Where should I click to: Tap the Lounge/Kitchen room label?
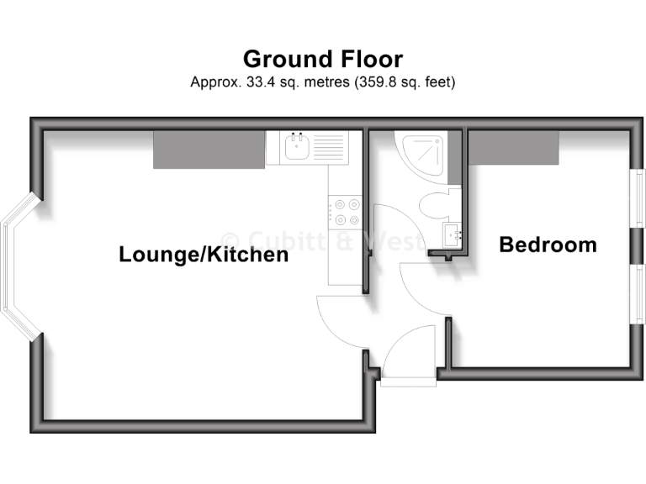click(204, 254)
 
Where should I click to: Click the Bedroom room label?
click(548, 245)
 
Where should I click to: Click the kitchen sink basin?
click(296, 149)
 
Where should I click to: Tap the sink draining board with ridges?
click(329, 149)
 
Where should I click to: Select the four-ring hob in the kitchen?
click(345, 211)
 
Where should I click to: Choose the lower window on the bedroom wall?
click(639, 293)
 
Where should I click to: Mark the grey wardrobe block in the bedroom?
click(514, 148)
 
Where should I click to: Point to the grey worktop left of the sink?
click(209, 149)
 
